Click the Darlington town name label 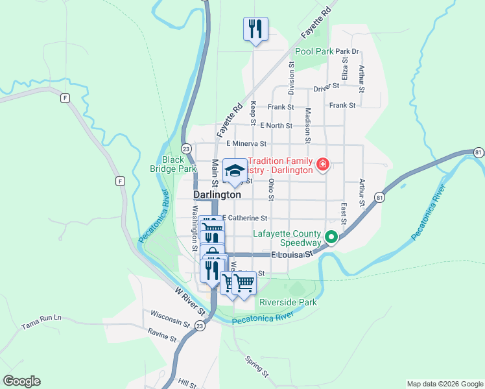(x=217, y=194)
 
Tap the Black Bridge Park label (x=178, y=164)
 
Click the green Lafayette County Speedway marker (x=331, y=238)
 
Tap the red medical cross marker (x=322, y=166)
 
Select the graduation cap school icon (x=235, y=170)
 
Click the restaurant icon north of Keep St (x=255, y=29)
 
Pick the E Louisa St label (x=292, y=255)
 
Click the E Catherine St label (x=245, y=218)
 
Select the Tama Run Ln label (x=41, y=318)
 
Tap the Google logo (x=21, y=381)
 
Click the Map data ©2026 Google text (x=445, y=384)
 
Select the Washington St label (x=194, y=228)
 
